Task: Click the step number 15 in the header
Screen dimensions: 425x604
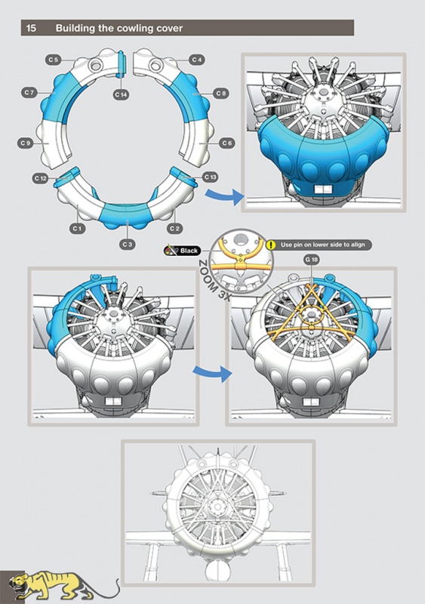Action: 31,28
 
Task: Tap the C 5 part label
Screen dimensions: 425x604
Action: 54,60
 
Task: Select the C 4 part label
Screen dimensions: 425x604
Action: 196,60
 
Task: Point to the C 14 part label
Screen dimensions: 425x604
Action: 121,94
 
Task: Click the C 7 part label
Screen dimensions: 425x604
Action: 29,92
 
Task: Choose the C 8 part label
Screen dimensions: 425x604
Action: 220,93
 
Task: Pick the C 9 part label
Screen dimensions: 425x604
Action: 26,143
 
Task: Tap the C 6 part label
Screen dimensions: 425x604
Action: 227,143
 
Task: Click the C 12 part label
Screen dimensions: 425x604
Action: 41,178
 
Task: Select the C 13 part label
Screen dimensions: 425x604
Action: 210,177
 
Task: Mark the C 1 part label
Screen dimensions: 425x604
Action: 77,229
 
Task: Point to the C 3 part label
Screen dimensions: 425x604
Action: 127,244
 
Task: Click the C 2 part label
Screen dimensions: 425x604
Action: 174,229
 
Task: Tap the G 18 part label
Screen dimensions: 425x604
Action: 312,260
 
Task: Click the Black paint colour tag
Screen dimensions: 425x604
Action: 183,251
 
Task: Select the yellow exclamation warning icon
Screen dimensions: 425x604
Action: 271,245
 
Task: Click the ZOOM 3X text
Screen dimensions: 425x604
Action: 213,280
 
